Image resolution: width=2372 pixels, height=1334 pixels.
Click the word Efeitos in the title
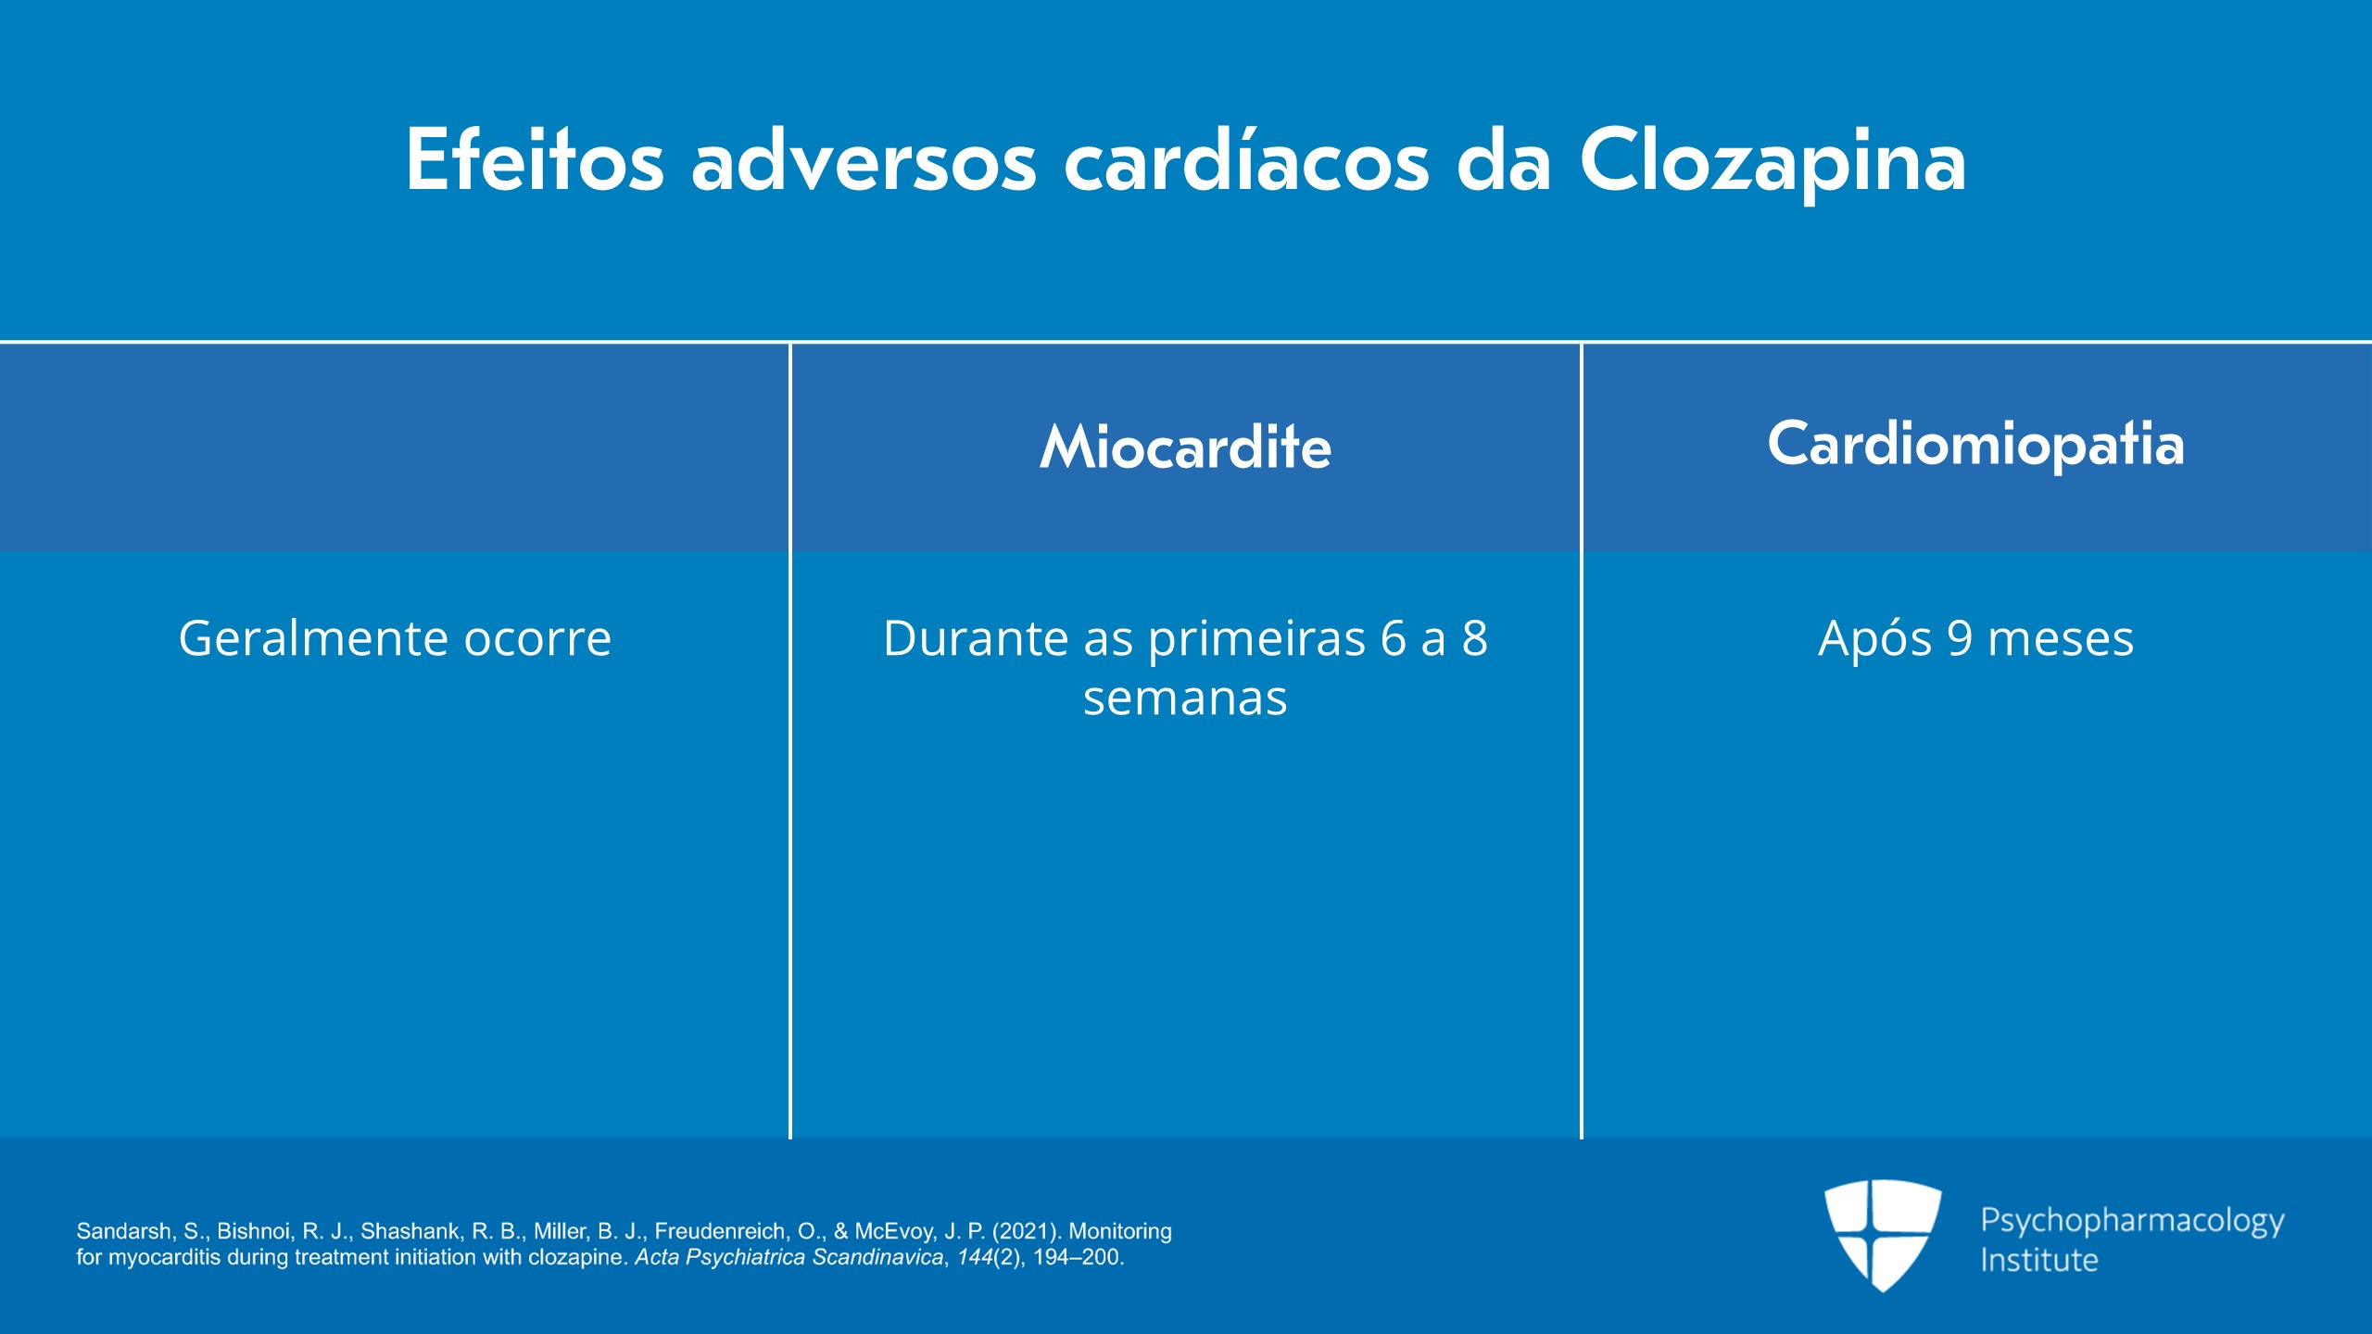(535, 159)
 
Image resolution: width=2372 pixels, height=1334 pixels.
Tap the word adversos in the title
(864, 159)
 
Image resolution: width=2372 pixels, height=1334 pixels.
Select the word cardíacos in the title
(1246, 159)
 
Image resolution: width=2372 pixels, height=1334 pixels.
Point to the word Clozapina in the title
(1773, 162)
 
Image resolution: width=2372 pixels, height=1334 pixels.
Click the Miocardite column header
(1185, 447)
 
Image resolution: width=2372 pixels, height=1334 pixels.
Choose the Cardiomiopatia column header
(1975, 445)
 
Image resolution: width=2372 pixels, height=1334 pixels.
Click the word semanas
(1185, 698)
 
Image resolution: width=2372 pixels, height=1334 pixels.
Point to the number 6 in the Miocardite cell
(1394, 638)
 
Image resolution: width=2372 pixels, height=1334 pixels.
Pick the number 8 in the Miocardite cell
(1475, 638)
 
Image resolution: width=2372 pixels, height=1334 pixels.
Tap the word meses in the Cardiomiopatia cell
(2061, 640)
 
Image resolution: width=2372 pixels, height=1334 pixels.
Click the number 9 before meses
(1960, 638)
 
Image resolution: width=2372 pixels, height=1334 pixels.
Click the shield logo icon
(1883, 1235)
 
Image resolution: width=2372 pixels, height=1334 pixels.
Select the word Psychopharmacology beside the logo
(2132, 1222)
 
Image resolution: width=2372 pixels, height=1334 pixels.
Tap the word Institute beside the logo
(2038, 1260)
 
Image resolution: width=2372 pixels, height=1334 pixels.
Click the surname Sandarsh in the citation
(123, 1231)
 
